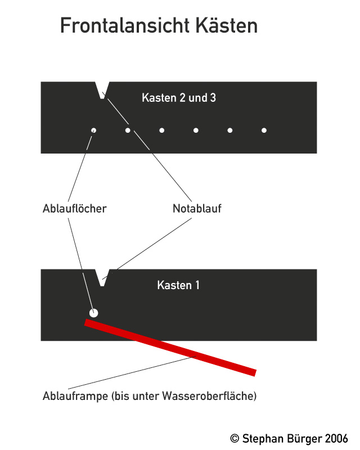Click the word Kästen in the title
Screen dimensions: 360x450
(227, 25)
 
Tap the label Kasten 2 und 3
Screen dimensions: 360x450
(179, 98)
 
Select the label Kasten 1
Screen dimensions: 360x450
(178, 285)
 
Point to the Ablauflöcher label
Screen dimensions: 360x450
(75, 208)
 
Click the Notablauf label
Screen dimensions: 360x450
(197, 208)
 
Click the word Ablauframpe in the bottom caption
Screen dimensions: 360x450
(75, 396)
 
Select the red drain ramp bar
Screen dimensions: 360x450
(170, 347)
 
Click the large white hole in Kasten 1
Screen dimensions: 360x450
(93, 313)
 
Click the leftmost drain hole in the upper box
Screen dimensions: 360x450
(93, 130)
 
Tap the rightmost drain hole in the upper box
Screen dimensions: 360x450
(264, 130)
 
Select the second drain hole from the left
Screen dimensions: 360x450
(128, 130)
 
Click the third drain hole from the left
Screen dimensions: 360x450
(162, 130)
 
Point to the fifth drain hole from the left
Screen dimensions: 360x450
(230, 130)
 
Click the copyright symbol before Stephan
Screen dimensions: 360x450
(235, 439)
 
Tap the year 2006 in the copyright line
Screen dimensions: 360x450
(336, 439)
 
